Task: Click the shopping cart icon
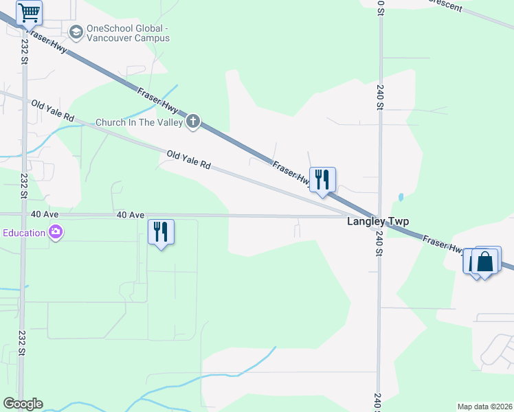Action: [x=29, y=12]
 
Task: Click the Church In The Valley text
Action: [x=139, y=122]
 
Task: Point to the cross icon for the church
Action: [x=193, y=122]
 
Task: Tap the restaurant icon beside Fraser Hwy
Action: [x=322, y=180]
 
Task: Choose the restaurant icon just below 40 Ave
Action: [x=161, y=232]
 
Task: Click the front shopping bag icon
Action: [x=485, y=262]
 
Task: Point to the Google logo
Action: [x=23, y=404]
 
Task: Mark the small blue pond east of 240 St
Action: [x=400, y=198]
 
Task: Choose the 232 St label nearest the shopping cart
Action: [x=23, y=51]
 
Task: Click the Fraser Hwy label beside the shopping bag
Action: [x=443, y=245]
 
